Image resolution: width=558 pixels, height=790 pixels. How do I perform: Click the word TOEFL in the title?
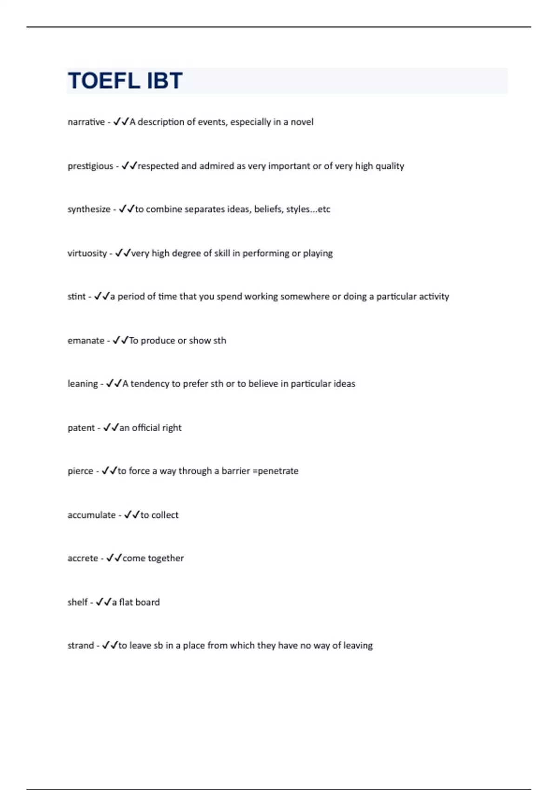(104, 81)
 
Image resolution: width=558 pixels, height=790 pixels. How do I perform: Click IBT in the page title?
(165, 81)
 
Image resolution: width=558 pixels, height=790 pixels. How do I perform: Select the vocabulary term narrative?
(86, 122)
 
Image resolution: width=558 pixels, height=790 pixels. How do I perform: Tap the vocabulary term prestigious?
(90, 166)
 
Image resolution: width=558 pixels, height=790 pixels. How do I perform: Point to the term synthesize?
(89, 209)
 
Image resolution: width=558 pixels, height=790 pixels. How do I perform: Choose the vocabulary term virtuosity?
(87, 253)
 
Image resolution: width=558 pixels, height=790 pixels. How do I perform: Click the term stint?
(77, 296)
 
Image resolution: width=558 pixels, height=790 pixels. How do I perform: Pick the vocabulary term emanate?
(86, 341)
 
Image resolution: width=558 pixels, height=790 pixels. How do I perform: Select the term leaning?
(83, 384)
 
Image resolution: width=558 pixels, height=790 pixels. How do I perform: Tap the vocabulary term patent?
(81, 428)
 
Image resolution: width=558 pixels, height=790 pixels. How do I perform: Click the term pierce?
(80, 471)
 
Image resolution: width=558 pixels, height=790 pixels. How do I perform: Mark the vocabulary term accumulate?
(92, 515)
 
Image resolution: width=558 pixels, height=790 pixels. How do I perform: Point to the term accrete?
(83, 558)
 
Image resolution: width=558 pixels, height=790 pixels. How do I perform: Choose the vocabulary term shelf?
(78, 602)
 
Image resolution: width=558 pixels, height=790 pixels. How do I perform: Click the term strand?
(80, 645)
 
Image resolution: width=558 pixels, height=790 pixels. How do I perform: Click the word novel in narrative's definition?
(302, 122)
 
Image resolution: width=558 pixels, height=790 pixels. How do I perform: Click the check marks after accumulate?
(132, 515)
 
